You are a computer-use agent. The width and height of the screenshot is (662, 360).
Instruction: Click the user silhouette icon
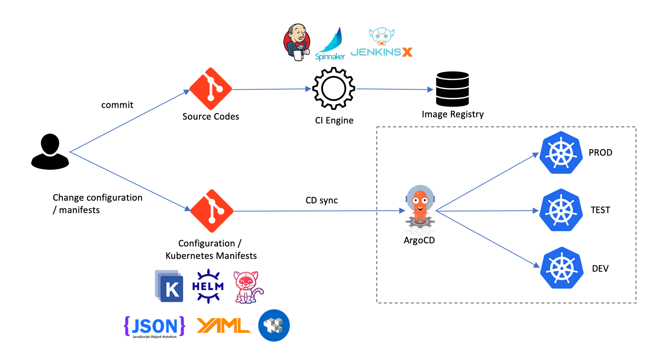click(50, 152)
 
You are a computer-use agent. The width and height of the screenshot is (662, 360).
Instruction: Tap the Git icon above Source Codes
click(211, 89)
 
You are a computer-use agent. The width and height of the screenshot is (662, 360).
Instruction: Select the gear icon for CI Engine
click(334, 88)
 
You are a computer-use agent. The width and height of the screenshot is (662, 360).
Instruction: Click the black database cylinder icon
click(452, 89)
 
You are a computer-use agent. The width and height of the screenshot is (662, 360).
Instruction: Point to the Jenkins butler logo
click(297, 42)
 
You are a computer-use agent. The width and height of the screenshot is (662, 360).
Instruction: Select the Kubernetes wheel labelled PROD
click(561, 152)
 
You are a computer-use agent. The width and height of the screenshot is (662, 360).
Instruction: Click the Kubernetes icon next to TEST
click(561, 210)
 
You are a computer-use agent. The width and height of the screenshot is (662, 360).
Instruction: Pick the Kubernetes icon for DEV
click(561, 268)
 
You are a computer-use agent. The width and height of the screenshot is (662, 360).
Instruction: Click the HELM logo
click(208, 286)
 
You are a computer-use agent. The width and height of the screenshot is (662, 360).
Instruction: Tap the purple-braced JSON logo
click(154, 327)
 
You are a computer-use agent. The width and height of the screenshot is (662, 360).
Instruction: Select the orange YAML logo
click(223, 326)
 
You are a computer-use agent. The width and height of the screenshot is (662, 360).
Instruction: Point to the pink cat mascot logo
click(248, 287)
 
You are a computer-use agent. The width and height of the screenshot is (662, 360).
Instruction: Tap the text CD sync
click(321, 201)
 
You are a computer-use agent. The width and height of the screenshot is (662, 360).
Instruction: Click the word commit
click(117, 105)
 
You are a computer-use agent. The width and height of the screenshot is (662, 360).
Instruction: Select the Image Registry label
click(452, 114)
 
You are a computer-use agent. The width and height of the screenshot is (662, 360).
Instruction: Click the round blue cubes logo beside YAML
click(274, 325)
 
